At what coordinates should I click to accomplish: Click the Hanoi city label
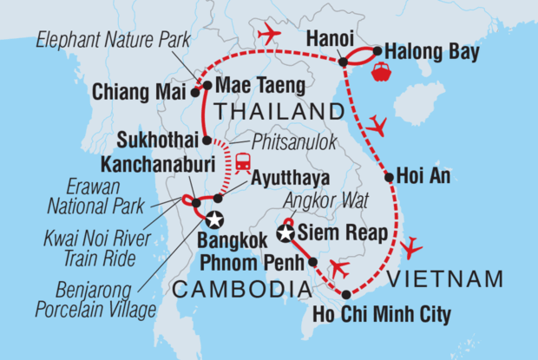pos(328,41)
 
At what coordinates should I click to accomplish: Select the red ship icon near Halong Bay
pos(381,72)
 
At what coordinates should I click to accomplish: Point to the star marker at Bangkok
pos(211,220)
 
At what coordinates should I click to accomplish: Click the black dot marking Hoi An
pos(390,177)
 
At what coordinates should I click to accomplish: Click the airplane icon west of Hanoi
pos(270,34)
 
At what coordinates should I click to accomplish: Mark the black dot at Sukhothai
pos(206,140)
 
